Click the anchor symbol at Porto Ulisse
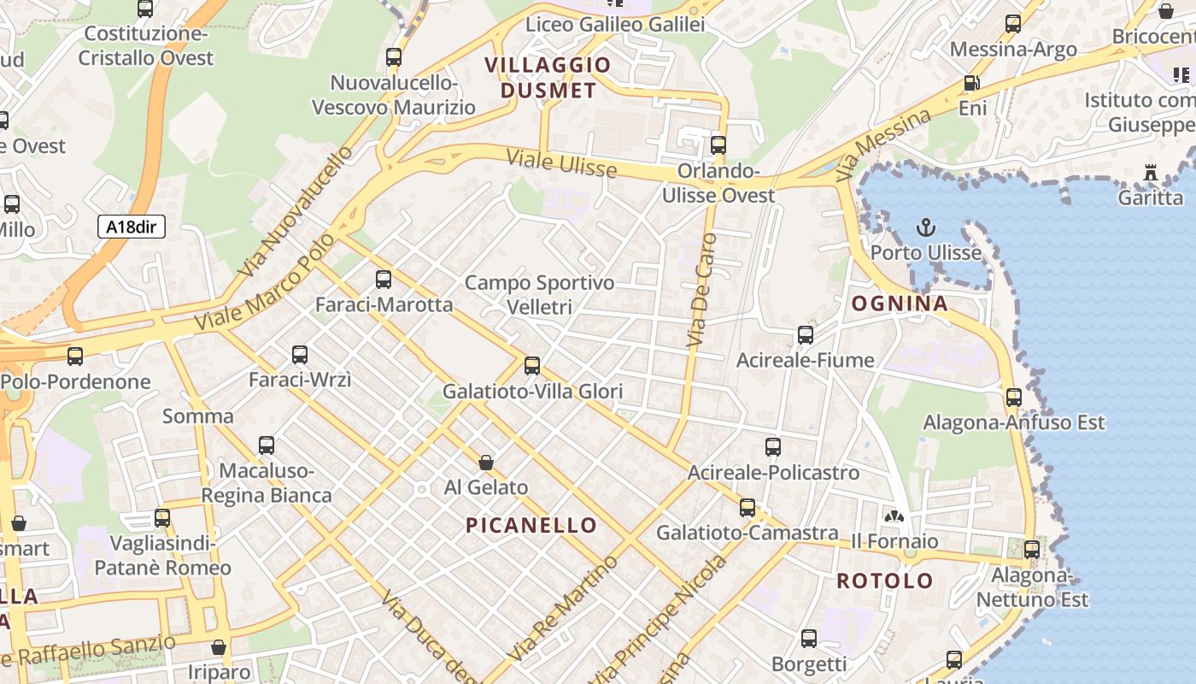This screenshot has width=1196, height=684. click(925, 227)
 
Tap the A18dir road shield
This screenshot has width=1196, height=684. click(131, 227)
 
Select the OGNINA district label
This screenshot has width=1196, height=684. click(900, 304)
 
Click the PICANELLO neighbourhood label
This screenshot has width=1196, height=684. click(531, 525)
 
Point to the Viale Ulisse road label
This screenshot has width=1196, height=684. click(561, 162)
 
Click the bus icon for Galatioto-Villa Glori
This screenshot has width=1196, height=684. click(532, 366)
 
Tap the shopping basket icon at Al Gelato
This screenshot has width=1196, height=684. click(486, 463)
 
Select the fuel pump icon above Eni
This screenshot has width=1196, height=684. click(971, 83)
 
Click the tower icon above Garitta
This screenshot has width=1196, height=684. click(1151, 173)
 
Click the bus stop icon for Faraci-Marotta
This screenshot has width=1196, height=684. click(384, 279)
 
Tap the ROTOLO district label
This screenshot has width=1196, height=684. click(885, 581)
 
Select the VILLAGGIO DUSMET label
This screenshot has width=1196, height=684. click(548, 77)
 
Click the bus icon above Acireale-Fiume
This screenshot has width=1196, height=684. click(806, 334)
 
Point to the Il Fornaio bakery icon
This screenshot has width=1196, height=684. click(894, 516)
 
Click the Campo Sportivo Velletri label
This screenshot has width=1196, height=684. click(539, 294)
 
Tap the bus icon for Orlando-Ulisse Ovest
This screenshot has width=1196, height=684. click(718, 144)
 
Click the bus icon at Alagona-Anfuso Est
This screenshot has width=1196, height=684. click(1013, 397)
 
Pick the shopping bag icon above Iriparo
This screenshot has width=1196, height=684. click(219, 647)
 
